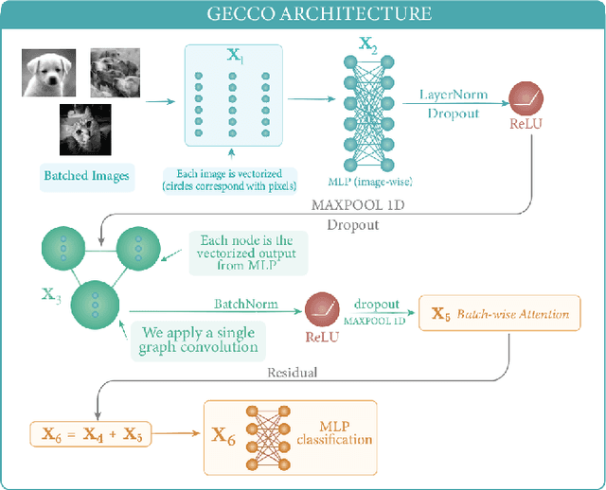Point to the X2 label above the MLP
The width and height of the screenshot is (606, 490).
(x=367, y=44)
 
